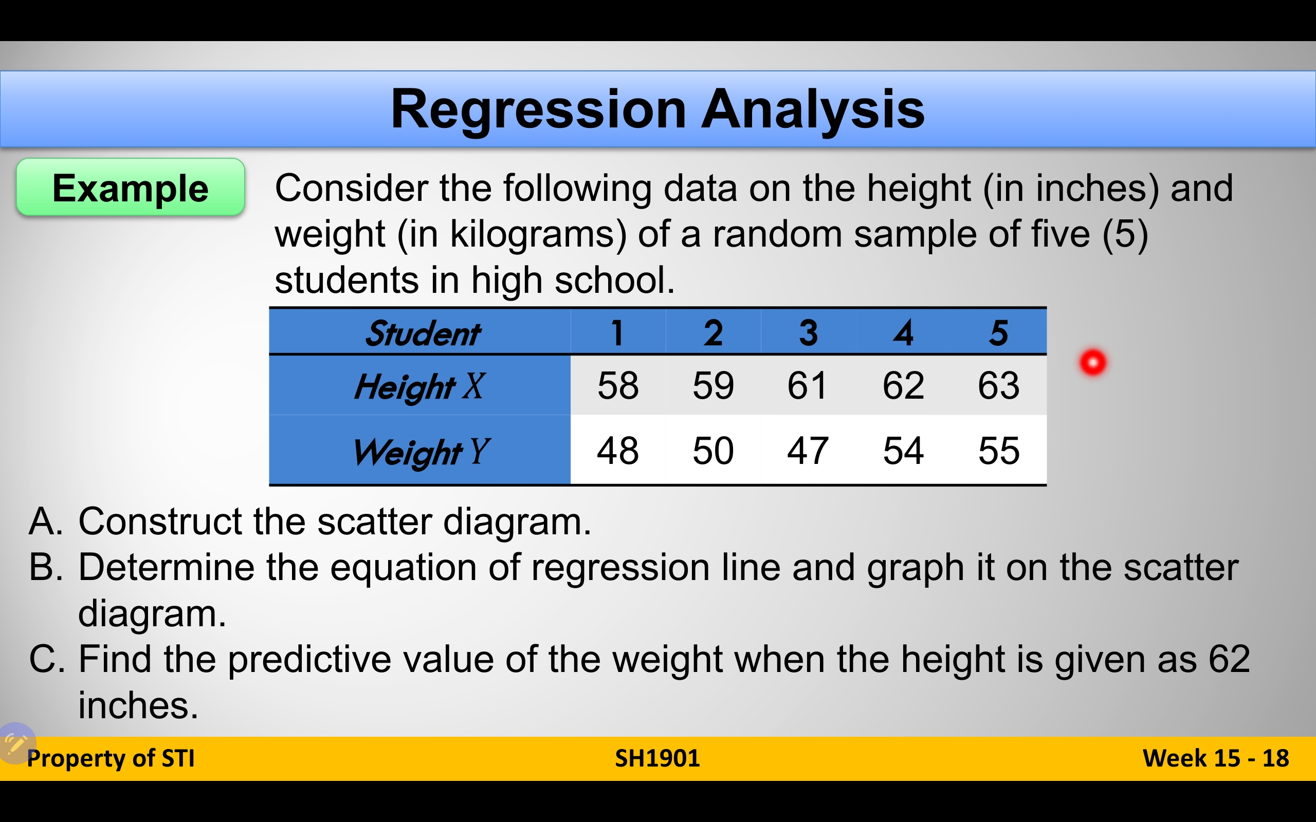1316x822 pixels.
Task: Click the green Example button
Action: pos(131,187)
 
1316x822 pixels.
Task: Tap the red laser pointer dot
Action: pos(1093,362)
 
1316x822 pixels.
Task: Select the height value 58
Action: pos(618,385)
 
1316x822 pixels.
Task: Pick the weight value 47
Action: pos(808,451)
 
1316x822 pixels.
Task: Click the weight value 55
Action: pos(998,451)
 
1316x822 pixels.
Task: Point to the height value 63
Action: pos(998,385)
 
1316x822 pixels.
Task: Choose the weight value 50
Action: pos(713,451)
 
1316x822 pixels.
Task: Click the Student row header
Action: pos(423,333)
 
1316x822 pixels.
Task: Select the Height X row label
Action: pos(419,386)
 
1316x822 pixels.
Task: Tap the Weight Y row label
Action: pos(421,452)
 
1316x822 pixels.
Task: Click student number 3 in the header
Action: pos(809,332)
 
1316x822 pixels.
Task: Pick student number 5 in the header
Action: pos(999,332)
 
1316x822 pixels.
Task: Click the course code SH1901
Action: pos(657,758)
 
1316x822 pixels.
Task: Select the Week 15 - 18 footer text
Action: pos(1216,758)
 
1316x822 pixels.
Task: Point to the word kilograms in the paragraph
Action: pos(538,235)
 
